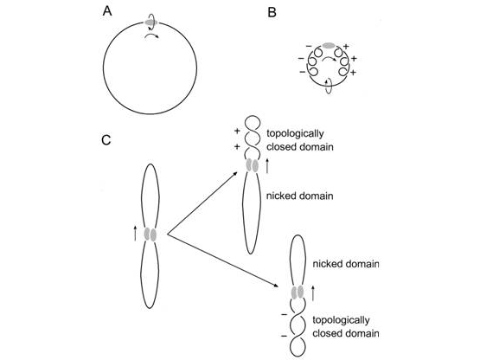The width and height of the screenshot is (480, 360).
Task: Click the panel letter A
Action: coord(107,11)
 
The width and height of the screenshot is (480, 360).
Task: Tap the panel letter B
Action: coord(272,13)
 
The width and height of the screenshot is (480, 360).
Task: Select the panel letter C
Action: coord(106,140)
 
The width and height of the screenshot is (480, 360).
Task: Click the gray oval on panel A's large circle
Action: coord(150,22)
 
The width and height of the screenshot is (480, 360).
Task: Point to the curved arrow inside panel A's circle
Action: coord(151,36)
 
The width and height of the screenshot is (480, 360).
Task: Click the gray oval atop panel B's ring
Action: coord(329,45)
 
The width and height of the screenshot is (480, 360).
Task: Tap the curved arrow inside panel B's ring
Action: coord(329,59)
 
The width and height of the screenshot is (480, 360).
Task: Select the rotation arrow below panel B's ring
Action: coord(328,86)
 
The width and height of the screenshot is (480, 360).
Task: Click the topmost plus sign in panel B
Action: coord(346,47)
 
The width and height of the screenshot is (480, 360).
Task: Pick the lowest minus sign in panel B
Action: coord(303,73)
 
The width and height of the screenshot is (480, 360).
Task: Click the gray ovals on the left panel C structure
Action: coord(150,235)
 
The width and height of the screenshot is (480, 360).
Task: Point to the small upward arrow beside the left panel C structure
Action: coord(135,233)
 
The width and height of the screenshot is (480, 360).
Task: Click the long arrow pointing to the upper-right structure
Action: coord(202,202)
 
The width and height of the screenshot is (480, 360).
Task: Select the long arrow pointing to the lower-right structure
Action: coord(223,260)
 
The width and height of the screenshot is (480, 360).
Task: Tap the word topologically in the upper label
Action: coord(295,133)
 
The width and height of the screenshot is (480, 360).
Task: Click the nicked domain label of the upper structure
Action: coord(300,196)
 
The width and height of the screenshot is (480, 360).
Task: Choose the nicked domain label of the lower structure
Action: coord(346,264)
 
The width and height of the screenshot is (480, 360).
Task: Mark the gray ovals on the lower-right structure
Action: coord(298,292)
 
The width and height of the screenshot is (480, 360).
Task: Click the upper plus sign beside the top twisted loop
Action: coord(237,132)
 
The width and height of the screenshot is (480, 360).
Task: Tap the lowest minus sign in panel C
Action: coord(285,337)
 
